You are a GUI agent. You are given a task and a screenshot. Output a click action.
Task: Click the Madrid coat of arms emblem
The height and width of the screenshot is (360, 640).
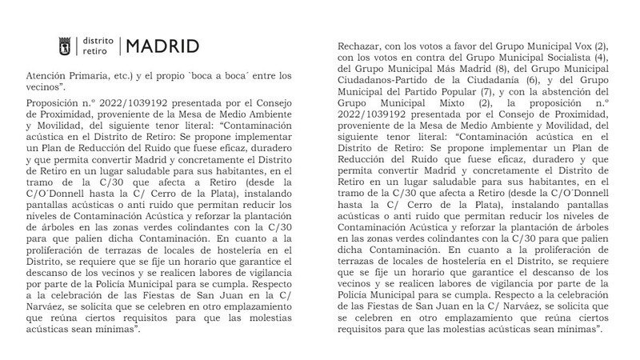tap(67, 46)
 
